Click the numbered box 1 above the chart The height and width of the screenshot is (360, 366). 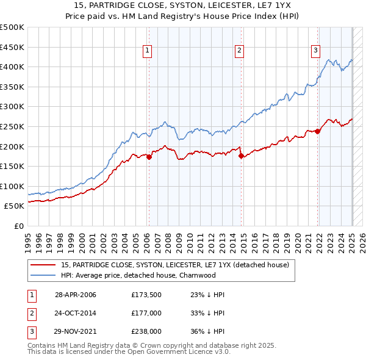coord(148,51)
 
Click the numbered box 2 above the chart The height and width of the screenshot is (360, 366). coord(240,51)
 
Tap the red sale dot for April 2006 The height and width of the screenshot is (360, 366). coord(149,157)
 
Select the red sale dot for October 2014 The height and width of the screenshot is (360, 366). coord(241,156)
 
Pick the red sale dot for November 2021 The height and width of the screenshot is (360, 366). coord(318,131)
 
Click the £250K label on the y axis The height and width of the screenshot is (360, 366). coord(12,126)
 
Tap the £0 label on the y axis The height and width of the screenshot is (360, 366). coord(18,226)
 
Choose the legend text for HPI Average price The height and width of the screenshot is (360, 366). coord(138,275)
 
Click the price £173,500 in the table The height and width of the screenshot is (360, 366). coord(145,294)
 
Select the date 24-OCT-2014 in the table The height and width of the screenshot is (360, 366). coord(76,314)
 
